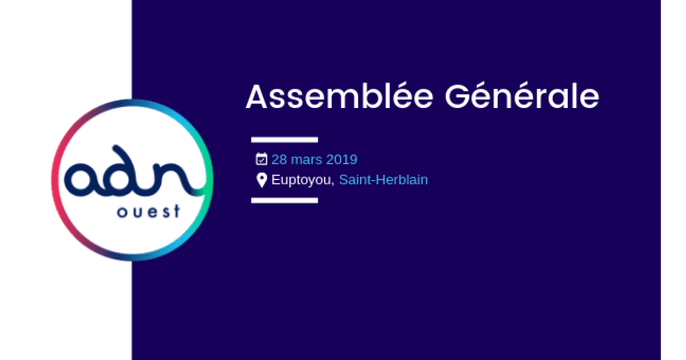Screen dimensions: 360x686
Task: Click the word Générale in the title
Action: tap(521, 97)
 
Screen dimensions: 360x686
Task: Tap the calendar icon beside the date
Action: tap(261, 159)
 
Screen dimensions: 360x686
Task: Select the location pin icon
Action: tap(261, 180)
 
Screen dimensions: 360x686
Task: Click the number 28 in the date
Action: tap(279, 159)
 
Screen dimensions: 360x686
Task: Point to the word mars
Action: tap(307, 159)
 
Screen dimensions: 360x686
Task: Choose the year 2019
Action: tap(342, 159)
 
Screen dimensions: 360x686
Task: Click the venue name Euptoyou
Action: tap(301, 180)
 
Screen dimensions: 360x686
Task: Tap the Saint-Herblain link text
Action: tap(383, 179)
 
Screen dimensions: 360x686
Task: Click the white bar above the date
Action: tap(284, 139)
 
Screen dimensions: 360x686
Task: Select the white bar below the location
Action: tap(284, 200)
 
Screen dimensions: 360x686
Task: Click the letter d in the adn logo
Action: tap(126, 174)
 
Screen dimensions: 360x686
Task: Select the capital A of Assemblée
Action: tap(257, 97)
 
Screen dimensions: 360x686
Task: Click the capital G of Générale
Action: tap(457, 97)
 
